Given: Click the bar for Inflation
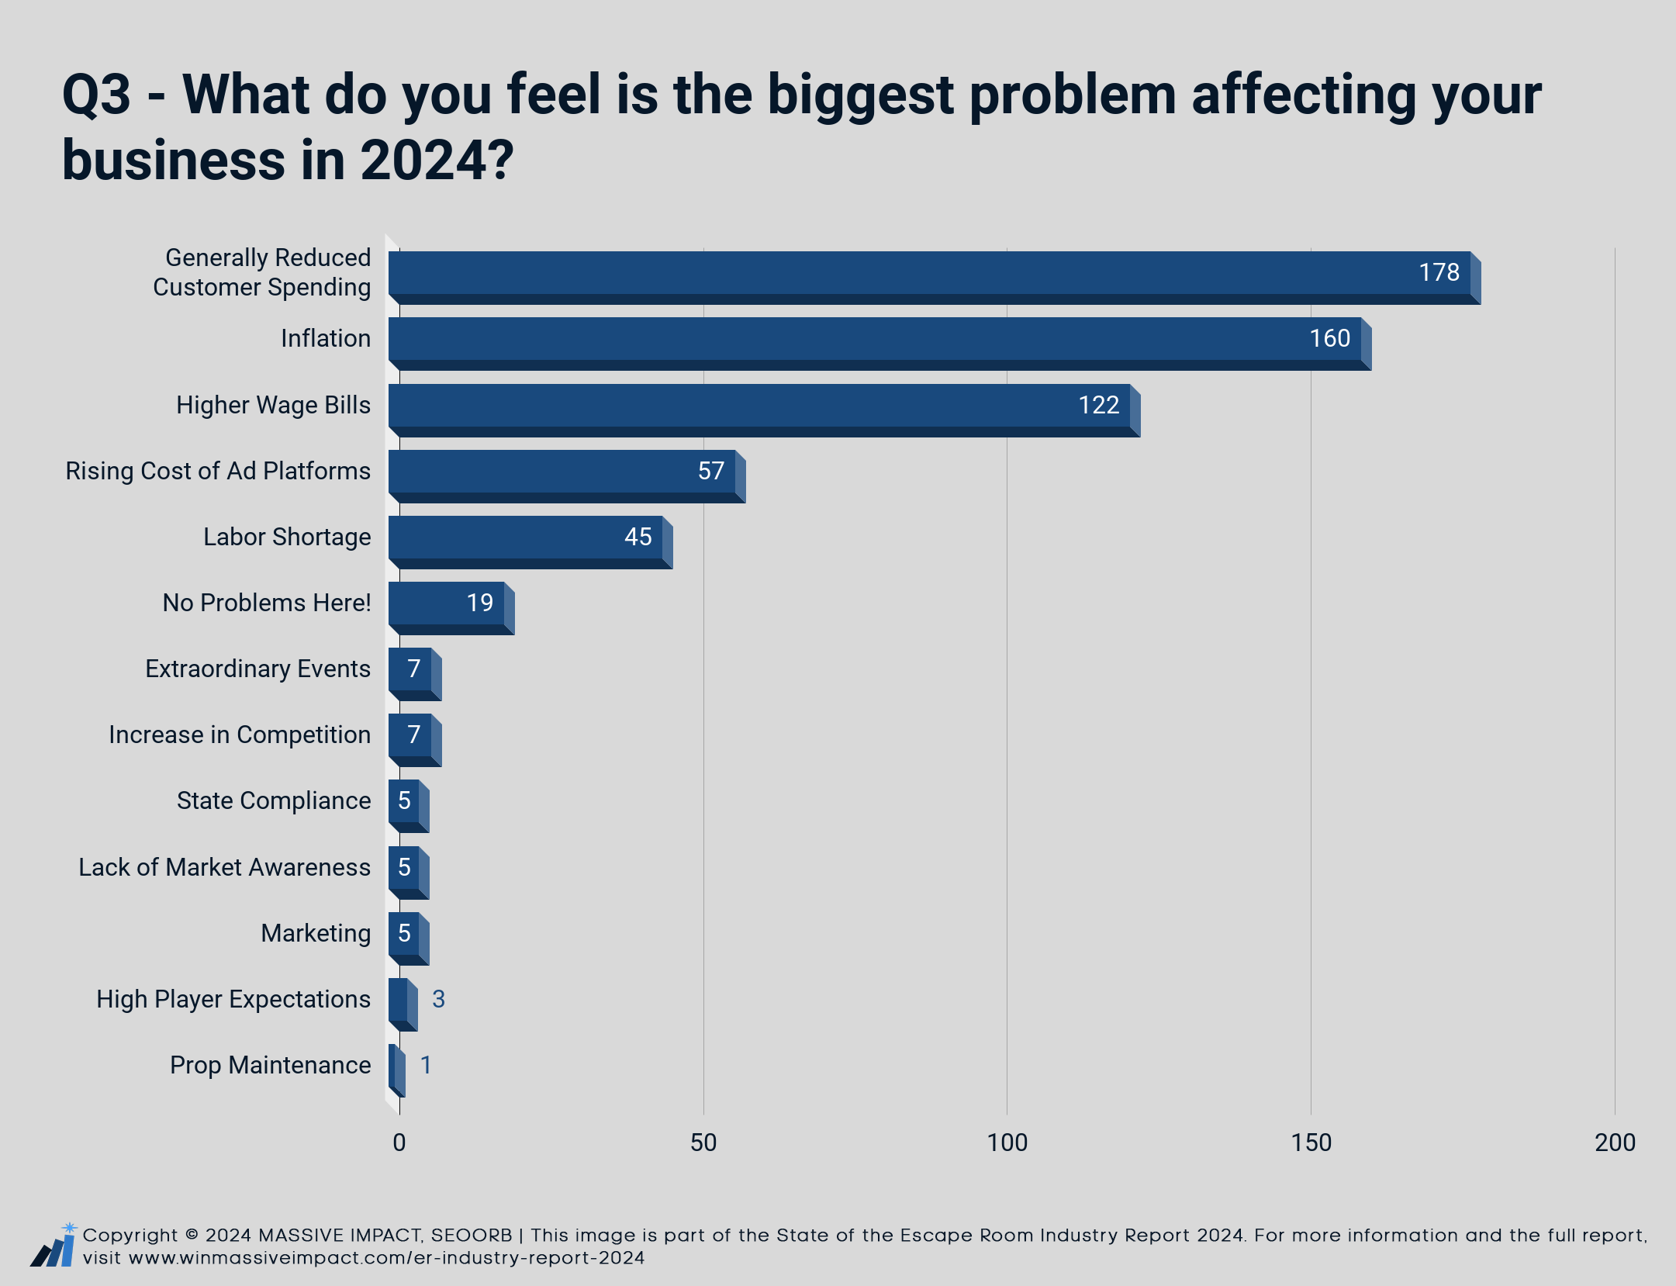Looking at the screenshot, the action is click(x=879, y=344).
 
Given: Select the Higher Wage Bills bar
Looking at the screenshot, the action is click(x=764, y=410).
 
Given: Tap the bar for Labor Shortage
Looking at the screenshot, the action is click(x=530, y=542).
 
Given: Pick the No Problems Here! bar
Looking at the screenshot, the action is click(x=451, y=608).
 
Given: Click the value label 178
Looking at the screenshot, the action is click(x=1439, y=272).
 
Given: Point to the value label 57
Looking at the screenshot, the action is click(x=710, y=471).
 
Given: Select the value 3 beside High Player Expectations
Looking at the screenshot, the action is click(x=438, y=999).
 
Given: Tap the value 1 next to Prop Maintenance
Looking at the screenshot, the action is click(x=426, y=1065).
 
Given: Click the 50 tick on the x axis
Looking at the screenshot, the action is click(x=703, y=1143).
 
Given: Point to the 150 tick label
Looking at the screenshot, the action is click(x=1311, y=1143).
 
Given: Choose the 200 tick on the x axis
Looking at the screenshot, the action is click(x=1615, y=1143).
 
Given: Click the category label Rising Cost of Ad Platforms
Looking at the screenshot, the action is click(x=218, y=471).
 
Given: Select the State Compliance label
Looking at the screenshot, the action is click(x=274, y=800).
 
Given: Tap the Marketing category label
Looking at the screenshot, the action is click(x=316, y=933).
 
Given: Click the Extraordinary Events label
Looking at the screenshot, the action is click(x=258, y=669).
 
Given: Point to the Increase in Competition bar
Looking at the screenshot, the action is click(x=415, y=740).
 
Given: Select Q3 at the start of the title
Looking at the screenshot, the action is click(x=96, y=95).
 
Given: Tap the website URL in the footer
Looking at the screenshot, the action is click(x=387, y=1257).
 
